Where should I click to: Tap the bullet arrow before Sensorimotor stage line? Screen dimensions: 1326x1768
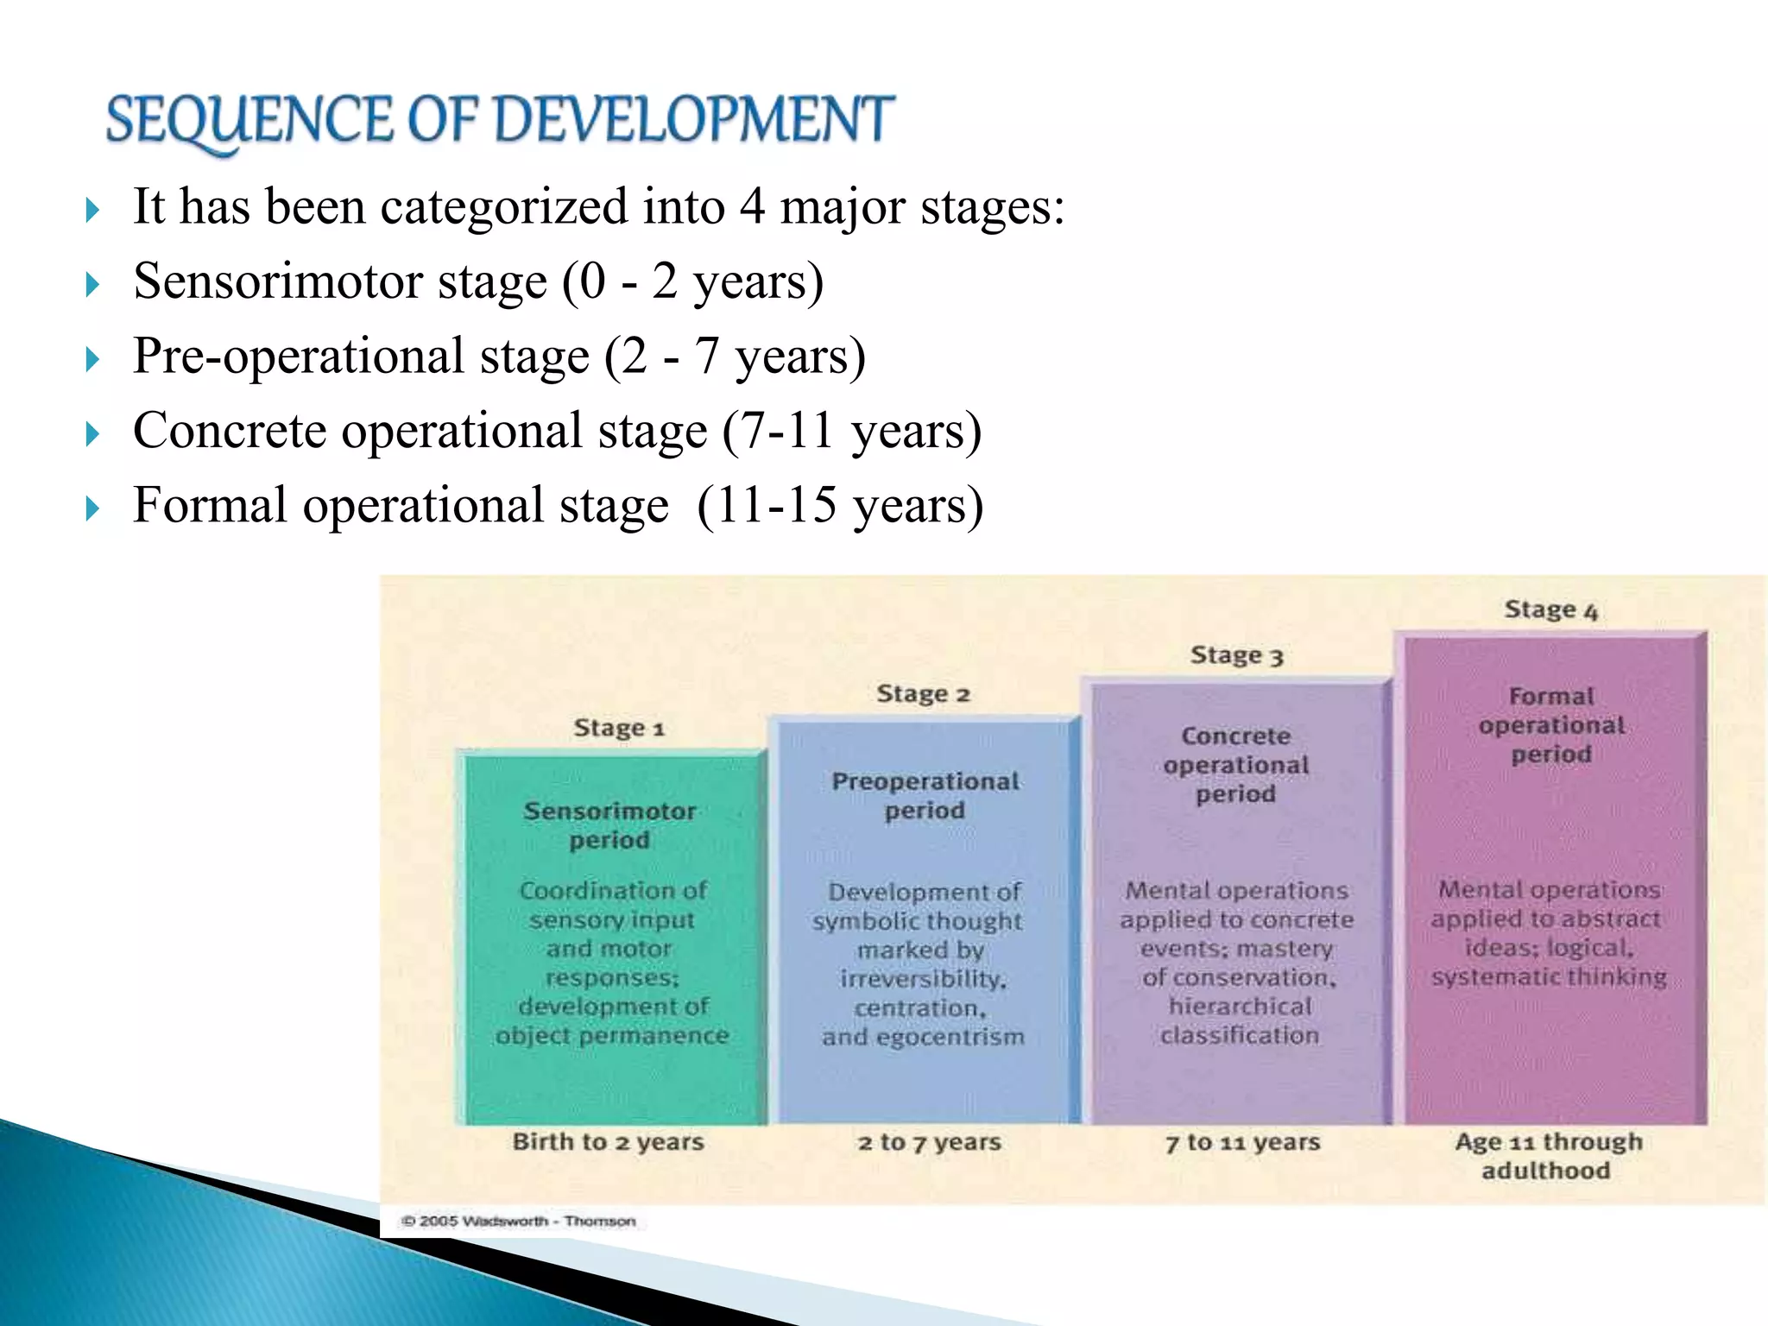93,284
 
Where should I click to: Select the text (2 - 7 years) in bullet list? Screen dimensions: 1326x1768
735,357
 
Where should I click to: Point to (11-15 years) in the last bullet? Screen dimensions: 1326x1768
839,505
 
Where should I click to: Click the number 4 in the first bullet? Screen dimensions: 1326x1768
752,207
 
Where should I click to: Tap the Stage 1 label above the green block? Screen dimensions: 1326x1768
619,729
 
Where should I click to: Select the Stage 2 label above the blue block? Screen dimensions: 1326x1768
923,694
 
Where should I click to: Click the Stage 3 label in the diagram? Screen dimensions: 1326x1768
1236,656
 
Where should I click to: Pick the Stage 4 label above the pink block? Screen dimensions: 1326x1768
1550,610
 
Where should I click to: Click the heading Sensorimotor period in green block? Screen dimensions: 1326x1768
609,825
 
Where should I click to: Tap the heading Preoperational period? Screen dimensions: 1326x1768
925,796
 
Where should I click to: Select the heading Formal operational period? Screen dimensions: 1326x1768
1551,725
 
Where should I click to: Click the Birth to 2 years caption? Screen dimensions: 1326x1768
608,1142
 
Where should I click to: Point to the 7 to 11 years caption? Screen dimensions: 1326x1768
1242,1143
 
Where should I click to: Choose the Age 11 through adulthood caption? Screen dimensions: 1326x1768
1547,1156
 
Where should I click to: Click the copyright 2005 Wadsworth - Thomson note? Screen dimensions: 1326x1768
518,1221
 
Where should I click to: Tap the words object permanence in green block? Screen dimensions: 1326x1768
612,1035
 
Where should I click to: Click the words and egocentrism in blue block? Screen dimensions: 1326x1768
923,1037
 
